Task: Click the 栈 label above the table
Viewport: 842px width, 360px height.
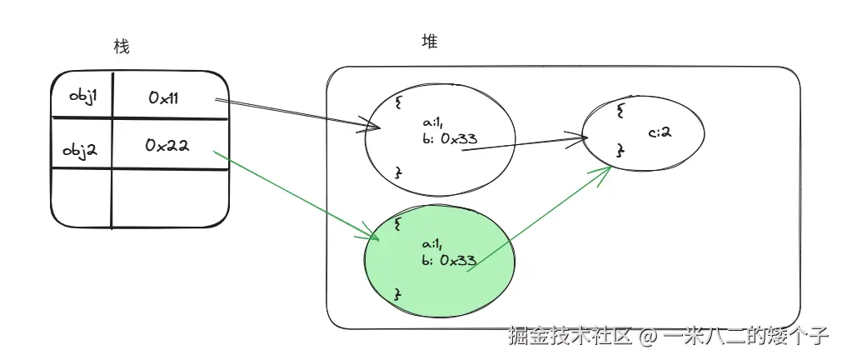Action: pos(122,47)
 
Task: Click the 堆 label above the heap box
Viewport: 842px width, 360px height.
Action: pos(430,42)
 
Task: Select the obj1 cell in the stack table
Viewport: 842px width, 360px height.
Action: pos(83,96)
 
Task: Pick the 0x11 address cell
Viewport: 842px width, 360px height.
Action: pos(163,97)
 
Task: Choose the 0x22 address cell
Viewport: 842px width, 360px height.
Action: pos(167,146)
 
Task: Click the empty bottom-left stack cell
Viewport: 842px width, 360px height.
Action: pos(81,197)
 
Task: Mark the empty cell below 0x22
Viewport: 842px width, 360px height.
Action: pos(169,197)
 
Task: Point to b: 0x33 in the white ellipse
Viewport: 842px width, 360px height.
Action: pos(450,139)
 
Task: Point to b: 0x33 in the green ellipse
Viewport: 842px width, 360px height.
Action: pos(449,260)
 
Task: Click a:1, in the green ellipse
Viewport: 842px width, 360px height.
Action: pos(432,244)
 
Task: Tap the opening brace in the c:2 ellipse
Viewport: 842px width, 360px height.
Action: pos(620,111)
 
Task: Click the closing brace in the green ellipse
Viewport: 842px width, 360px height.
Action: pos(398,295)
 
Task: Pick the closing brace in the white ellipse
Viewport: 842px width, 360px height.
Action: pos(398,171)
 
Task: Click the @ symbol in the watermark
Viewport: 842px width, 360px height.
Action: pos(648,337)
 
